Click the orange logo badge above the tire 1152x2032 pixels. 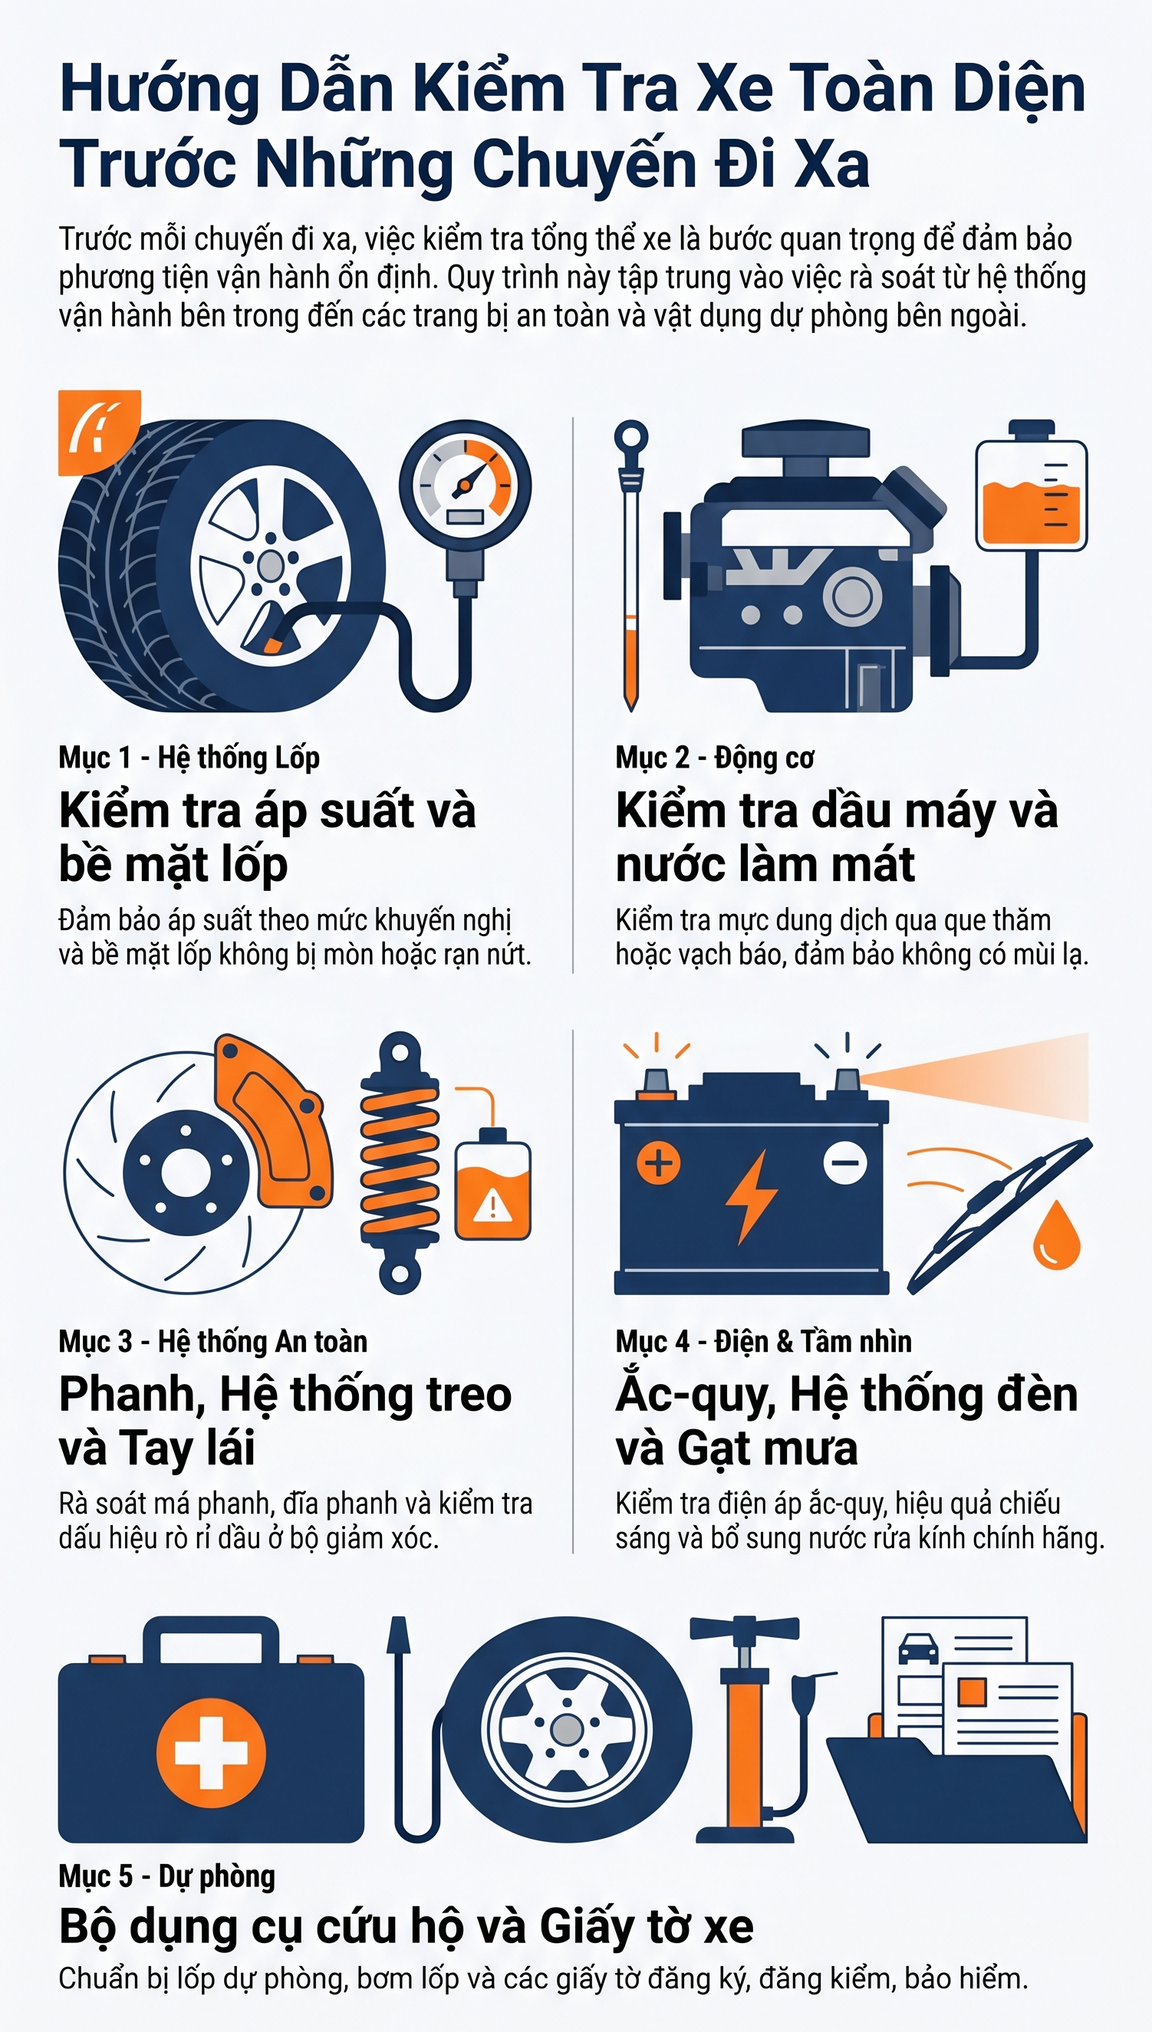99,432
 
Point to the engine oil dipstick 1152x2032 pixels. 630,566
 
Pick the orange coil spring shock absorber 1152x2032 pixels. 400,1162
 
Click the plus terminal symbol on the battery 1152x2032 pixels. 658,1162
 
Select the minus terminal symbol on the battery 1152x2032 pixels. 845,1162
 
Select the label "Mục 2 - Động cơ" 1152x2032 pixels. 715,757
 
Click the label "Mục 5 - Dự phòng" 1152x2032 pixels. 167,1876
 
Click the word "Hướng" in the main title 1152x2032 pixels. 160,89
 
